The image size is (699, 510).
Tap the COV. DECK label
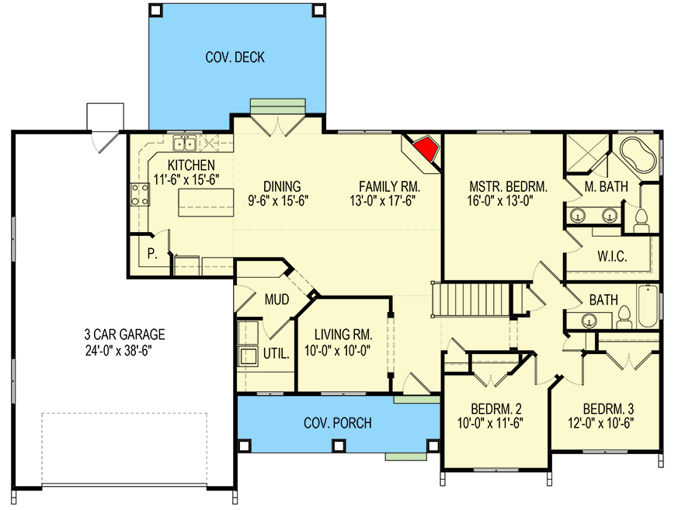[x=235, y=57]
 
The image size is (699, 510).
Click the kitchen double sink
[x=184, y=143]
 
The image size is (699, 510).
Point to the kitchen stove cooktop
[x=140, y=194]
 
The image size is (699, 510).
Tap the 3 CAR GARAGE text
[x=125, y=335]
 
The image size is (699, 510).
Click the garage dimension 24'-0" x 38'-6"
[x=125, y=350]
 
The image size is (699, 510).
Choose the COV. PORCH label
[x=337, y=423]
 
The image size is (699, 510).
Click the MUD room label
[x=276, y=299]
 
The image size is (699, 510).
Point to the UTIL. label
[x=276, y=353]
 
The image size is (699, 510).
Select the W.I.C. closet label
[x=612, y=256]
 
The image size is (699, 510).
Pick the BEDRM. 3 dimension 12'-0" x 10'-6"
[x=609, y=425]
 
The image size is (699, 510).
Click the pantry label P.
[x=152, y=253]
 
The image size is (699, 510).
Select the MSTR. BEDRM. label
[x=509, y=186]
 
